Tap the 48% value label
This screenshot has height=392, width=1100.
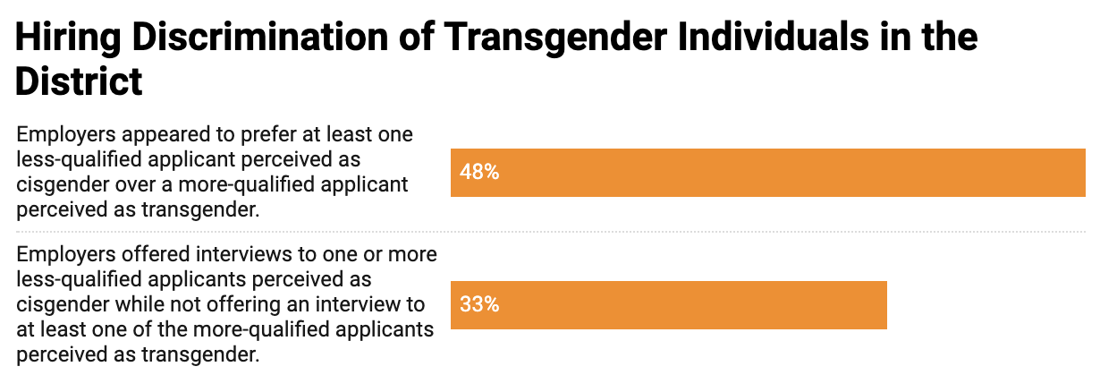pyautogui.click(x=478, y=172)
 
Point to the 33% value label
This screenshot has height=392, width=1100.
pyautogui.click(x=478, y=304)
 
